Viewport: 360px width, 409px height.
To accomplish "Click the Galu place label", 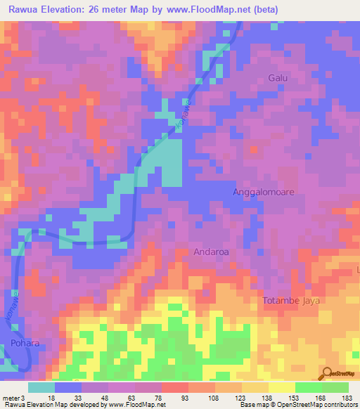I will click(278, 78).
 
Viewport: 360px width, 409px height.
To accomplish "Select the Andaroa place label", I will click(212, 251).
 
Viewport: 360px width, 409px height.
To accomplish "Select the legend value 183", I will click(348, 397).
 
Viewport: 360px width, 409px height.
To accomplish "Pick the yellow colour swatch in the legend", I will click(281, 387).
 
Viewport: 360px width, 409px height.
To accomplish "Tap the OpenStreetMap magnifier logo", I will click(328, 374).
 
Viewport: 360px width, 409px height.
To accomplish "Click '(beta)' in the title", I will click(264, 10).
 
